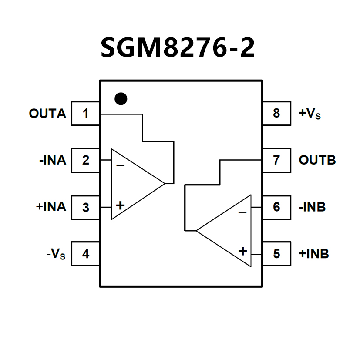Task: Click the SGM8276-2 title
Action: point(178,47)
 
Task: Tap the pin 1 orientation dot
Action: point(121,99)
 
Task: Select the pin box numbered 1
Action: point(86,114)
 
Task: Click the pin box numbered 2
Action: point(86,160)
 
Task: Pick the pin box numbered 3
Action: point(86,207)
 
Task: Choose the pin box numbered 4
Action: point(86,253)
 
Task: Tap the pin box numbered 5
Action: point(276,253)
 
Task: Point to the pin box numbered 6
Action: point(276,207)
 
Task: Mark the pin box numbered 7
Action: point(276,160)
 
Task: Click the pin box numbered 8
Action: point(276,114)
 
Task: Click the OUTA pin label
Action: point(47,114)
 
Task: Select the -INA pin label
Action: point(52,160)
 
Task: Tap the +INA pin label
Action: point(51,207)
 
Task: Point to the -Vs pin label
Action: point(56,254)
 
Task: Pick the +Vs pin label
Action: point(310,114)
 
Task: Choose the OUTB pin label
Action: point(317,160)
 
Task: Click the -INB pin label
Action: point(312,207)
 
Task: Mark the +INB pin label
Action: point(313,253)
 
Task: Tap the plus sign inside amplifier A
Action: point(120,205)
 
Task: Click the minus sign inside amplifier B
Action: point(242,212)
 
